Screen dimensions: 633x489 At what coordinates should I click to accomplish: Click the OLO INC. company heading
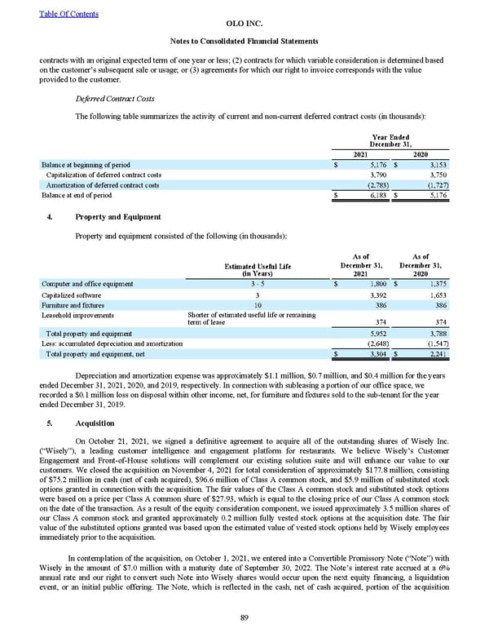244,25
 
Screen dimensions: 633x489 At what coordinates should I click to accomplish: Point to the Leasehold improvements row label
77,314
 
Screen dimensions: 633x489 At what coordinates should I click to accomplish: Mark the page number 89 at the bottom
244,616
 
